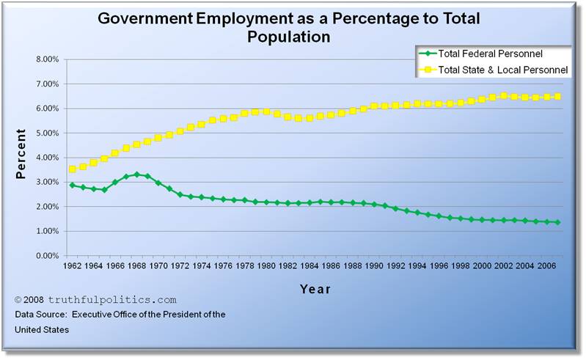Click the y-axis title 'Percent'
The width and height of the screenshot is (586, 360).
21,154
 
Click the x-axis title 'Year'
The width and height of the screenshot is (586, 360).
315,289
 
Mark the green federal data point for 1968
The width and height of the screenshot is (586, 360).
136,175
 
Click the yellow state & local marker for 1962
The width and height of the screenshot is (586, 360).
72,169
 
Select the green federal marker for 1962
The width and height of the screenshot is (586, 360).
72,185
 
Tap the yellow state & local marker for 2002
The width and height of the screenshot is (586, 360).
503,96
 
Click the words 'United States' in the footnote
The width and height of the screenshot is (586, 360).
42,330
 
